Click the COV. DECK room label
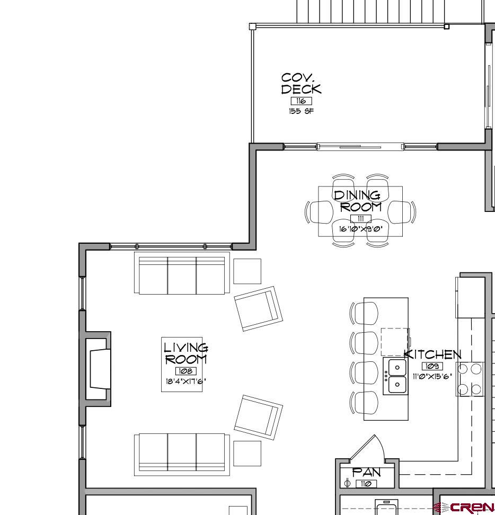tap(301, 84)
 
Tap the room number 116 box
tap(301, 101)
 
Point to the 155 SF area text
tap(301, 111)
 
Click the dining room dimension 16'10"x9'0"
tap(360, 229)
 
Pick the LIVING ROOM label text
tap(185, 353)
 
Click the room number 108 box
tap(185, 371)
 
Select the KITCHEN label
tap(432, 354)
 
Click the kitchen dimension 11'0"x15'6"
tap(432, 376)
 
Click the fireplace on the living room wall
tap(99, 369)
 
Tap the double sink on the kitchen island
tap(395, 376)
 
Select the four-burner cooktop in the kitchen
tap(470, 379)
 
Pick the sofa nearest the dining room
tap(182, 273)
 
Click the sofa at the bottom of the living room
tap(182, 454)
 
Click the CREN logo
tap(465, 507)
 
